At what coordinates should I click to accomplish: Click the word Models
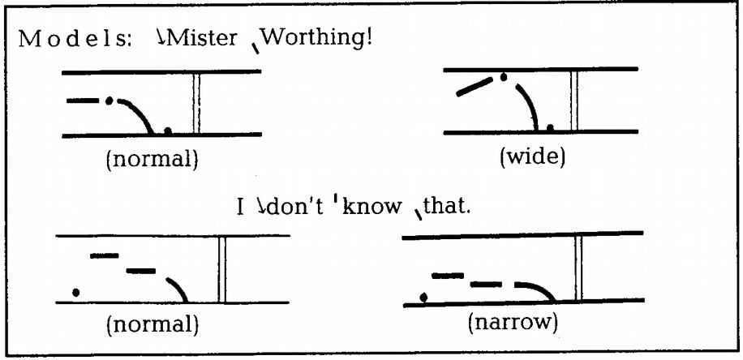tap(78, 39)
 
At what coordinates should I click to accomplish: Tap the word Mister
tap(201, 38)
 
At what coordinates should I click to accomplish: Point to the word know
tap(371, 208)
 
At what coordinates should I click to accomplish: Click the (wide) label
tap(533, 156)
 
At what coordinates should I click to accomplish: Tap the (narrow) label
tap(513, 323)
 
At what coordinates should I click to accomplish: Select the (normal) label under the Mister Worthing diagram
tap(152, 160)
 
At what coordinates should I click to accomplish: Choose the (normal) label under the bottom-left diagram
tap(152, 325)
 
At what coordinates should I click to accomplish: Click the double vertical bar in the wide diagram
tap(574, 101)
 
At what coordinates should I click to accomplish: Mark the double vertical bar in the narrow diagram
tap(578, 268)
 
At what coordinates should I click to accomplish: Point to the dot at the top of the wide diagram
tap(504, 77)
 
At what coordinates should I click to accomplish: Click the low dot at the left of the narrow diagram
tap(424, 297)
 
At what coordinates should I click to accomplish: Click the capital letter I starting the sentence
tap(241, 208)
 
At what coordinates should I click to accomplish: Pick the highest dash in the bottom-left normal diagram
tap(105, 255)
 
